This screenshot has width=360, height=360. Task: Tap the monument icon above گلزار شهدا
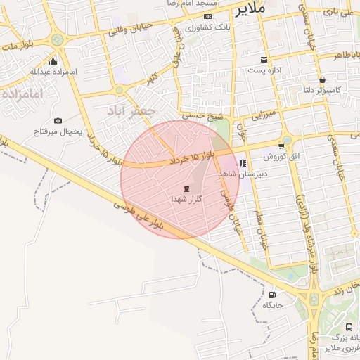point(186,188)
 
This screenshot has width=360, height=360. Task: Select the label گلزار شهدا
point(186,200)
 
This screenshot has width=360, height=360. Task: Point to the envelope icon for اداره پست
point(264,60)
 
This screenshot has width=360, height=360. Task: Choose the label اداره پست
point(264,71)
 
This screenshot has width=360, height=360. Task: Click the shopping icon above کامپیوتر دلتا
point(322,79)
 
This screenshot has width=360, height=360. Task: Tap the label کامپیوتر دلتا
point(318,90)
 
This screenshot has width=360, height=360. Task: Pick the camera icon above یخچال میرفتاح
point(58,120)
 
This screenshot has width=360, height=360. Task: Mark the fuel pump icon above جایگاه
point(272,295)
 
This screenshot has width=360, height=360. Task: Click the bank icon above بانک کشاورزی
point(207,16)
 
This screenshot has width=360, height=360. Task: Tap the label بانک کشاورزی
point(205,27)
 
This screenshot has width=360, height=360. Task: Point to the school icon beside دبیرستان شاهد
point(242,164)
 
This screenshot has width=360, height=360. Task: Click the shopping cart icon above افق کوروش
point(281,146)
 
